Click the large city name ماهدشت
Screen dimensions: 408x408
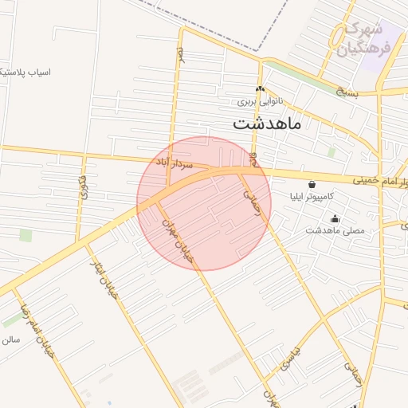267,125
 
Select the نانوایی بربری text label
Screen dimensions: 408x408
261,102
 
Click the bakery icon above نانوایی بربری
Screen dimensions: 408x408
260,89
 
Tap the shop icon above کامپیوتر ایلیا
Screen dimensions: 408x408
311,183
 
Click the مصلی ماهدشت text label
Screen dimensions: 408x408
335,230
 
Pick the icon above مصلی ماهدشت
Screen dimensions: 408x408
335,218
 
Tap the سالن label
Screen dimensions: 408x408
10,339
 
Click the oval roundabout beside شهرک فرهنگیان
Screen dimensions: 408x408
340,35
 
